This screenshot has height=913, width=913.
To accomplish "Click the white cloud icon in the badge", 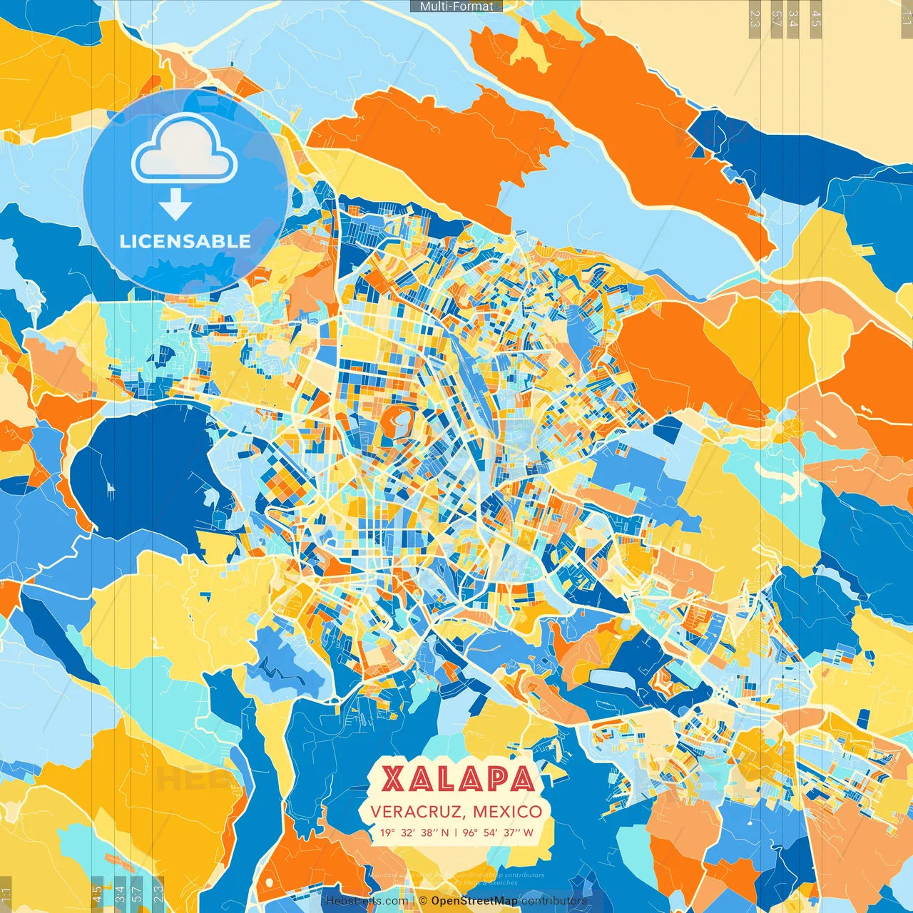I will (x=184, y=150).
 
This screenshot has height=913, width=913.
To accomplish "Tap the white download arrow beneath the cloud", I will (x=175, y=207).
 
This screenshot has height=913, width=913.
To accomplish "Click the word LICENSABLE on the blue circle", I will (x=185, y=241).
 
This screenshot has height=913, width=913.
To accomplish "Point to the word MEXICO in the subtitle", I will (x=507, y=812).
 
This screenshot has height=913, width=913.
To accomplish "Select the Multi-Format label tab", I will (x=456, y=6).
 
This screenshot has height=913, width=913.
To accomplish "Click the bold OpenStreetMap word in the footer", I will (x=474, y=901).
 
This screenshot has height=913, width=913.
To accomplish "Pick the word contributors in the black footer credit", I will (x=554, y=901).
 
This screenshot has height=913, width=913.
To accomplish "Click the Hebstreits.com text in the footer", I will (x=367, y=901).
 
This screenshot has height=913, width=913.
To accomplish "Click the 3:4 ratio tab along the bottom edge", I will (x=119, y=893).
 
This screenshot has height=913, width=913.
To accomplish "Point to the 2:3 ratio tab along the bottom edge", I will (x=158, y=893).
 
